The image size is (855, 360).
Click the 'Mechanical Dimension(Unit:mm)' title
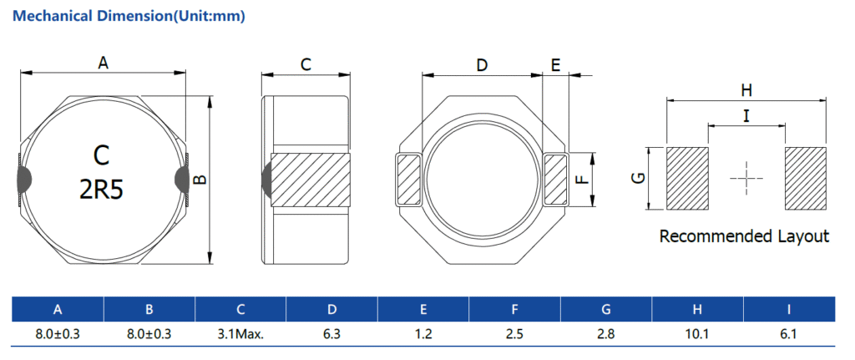[x=129, y=16]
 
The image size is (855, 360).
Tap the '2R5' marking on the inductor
[x=101, y=190]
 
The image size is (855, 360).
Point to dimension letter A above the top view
[x=103, y=63]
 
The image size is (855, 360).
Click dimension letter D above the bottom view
[x=482, y=65]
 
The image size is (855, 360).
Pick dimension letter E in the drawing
[x=555, y=65]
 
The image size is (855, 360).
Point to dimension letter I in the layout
[x=746, y=115]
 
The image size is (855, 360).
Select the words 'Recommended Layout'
[x=744, y=236]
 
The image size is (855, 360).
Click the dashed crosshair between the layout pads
[x=746, y=179]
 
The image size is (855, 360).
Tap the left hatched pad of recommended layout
[x=688, y=179]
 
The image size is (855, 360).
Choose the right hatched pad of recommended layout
[x=806, y=179]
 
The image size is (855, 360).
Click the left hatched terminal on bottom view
[x=408, y=180]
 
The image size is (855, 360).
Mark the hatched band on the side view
[x=310, y=180]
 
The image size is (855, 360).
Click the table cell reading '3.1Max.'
[x=240, y=334]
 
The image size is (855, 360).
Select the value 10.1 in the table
[x=697, y=334]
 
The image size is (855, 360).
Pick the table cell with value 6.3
[x=331, y=334]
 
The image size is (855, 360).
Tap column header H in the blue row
[x=697, y=309]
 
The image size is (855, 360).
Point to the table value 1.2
[x=423, y=334]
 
